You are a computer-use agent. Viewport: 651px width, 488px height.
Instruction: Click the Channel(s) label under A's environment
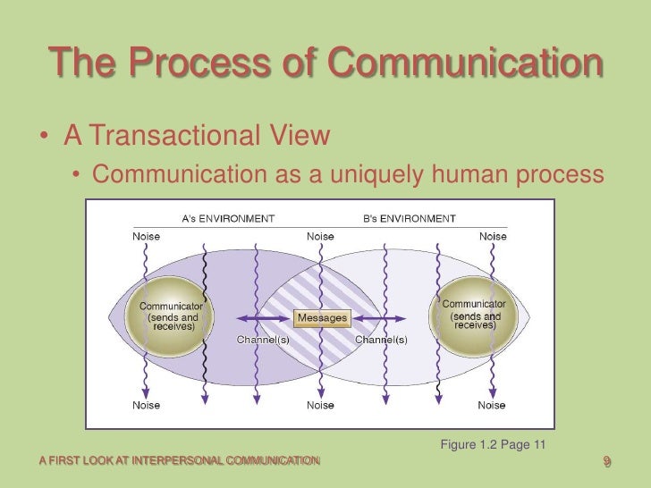point(262,340)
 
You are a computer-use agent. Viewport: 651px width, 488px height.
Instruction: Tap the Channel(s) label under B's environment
point(382,340)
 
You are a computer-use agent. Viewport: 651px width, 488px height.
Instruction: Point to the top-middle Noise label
point(321,237)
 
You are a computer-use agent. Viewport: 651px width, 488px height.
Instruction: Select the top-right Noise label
point(493,237)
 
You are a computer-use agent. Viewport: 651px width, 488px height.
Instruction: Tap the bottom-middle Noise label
point(321,405)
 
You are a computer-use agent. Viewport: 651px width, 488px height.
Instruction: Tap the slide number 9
point(607,461)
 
